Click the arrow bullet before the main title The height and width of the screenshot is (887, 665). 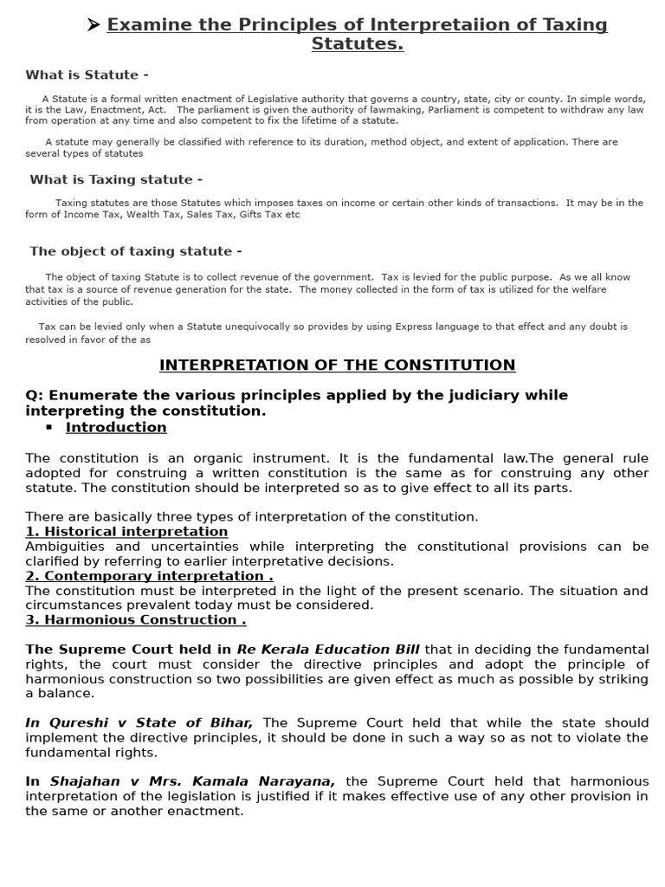94,24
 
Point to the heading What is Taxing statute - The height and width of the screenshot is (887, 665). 116,180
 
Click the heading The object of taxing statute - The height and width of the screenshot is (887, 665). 136,251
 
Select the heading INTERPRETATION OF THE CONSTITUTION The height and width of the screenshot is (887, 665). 337,366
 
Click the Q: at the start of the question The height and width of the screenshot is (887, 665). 35,396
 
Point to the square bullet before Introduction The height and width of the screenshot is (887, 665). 48,428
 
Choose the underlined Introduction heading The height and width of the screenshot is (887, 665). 116,428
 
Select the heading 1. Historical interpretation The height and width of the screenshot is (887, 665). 126,532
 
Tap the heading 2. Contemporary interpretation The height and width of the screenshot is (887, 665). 149,576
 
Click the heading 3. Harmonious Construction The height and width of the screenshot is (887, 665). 136,620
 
